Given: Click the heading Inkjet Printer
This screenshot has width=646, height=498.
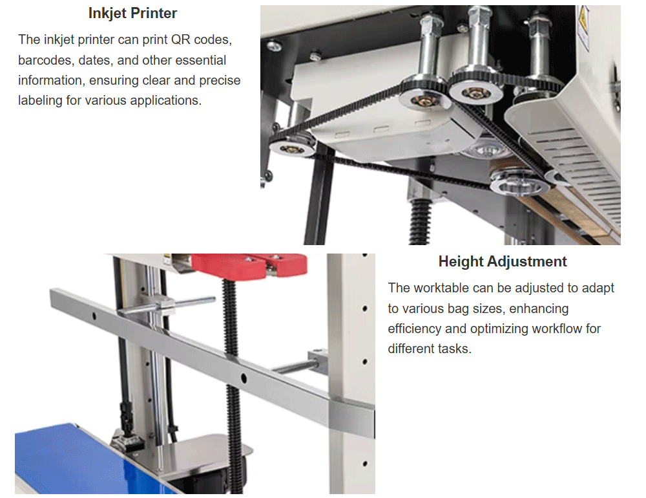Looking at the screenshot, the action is (x=132, y=13).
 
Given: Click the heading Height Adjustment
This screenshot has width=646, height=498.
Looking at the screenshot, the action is (x=503, y=261).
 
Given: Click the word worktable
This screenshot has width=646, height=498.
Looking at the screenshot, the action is (x=442, y=288).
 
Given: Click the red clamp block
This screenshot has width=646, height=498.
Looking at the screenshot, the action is (x=249, y=265).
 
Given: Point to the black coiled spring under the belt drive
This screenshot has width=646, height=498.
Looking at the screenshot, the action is (x=419, y=221).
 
